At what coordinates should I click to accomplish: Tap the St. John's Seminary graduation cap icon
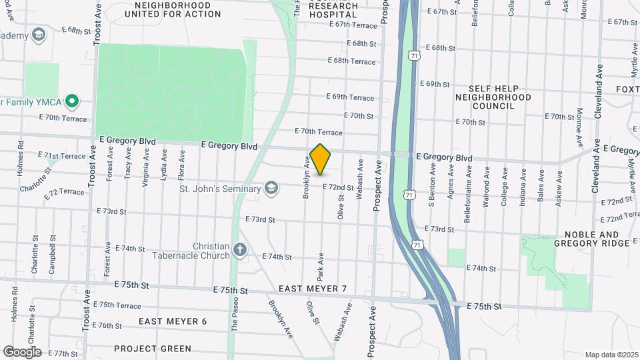coord(271,189)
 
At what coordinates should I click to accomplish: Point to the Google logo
coord(22,351)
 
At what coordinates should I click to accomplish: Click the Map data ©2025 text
coord(611,355)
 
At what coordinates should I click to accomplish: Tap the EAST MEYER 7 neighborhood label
coord(313,289)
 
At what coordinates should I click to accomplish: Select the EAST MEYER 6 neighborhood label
coord(173,321)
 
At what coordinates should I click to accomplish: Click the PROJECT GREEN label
coord(153,349)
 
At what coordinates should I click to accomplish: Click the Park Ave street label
coord(321,265)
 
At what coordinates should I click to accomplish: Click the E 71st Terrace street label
coord(63,156)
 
